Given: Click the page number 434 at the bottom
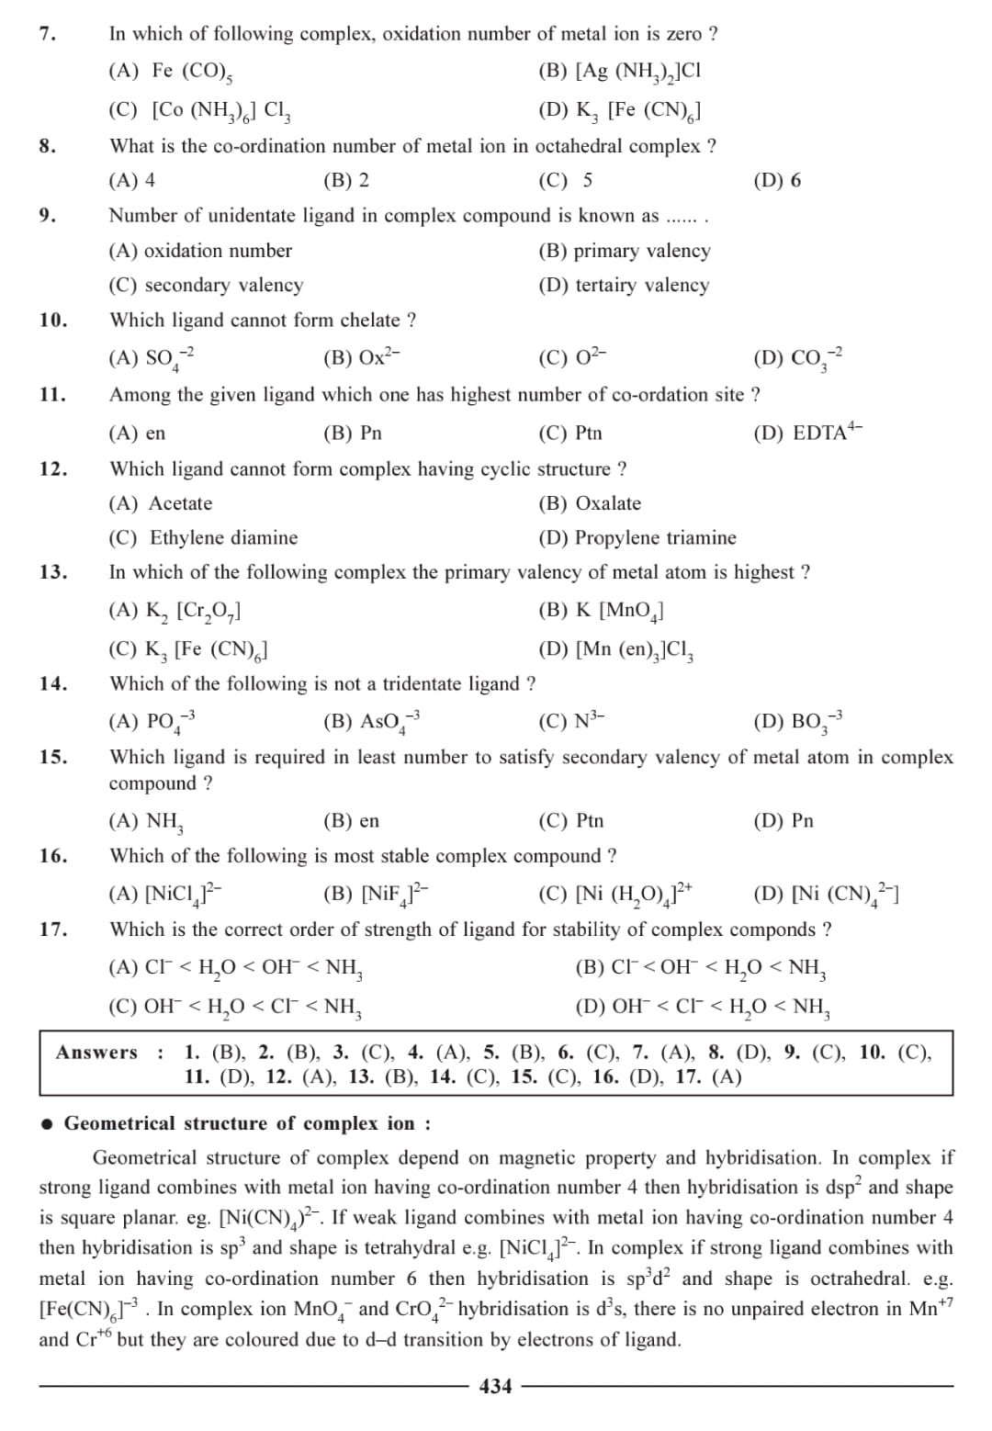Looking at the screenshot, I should click(x=496, y=1386).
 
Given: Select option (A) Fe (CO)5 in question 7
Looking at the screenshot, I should click(x=175, y=72).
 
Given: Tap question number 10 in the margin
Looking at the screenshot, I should click(x=53, y=320).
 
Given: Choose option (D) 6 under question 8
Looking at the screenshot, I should click(x=776, y=180).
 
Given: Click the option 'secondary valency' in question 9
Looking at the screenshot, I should click(x=206, y=285).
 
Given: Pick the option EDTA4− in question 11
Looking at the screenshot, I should click(x=807, y=432).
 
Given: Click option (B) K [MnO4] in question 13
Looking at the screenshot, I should click(x=601, y=611).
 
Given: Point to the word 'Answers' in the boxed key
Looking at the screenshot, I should click(x=96, y=1053).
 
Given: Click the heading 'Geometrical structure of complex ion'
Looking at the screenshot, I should click(x=247, y=1123).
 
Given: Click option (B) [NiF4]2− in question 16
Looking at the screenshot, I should click(x=376, y=893).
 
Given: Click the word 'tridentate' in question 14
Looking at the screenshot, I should click(x=425, y=683).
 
